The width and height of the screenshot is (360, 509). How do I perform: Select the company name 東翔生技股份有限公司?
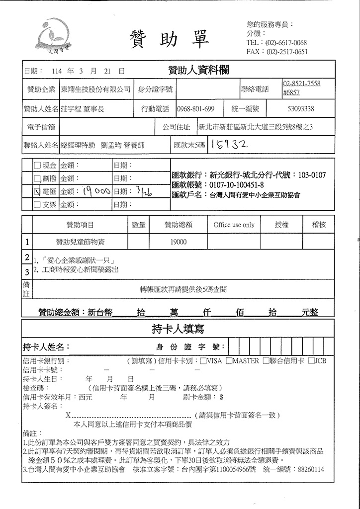[x=95, y=89]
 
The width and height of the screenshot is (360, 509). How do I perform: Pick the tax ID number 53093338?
[x=300, y=109]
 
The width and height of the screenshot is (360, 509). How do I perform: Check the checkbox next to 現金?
[x=37, y=166]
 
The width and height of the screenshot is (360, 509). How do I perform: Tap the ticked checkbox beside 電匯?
[x=37, y=191]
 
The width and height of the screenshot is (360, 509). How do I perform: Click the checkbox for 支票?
[x=37, y=204]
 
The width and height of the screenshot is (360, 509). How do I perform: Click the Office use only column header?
[x=234, y=225]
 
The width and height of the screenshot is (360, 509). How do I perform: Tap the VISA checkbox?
[x=203, y=360]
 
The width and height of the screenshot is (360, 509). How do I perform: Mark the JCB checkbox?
[x=311, y=360]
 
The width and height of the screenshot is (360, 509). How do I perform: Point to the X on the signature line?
[x=68, y=415]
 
